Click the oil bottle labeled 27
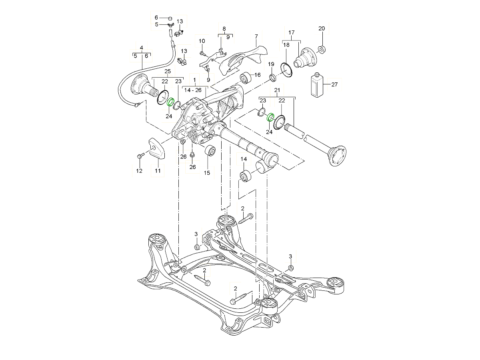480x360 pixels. (x=317, y=85)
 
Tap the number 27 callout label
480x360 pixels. (x=334, y=84)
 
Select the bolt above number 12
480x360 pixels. (x=140, y=156)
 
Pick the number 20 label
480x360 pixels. (x=322, y=28)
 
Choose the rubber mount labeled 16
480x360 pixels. (x=246, y=78)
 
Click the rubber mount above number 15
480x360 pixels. (x=210, y=151)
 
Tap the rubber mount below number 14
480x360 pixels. (x=246, y=176)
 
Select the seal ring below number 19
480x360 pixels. (x=272, y=78)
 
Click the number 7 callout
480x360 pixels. (x=256, y=36)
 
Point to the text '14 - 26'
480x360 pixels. (x=193, y=90)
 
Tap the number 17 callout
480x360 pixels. (x=291, y=32)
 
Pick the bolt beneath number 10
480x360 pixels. (x=202, y=53)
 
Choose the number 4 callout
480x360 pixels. (x=141, y=48)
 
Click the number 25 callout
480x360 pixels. (x=168, y=71)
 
